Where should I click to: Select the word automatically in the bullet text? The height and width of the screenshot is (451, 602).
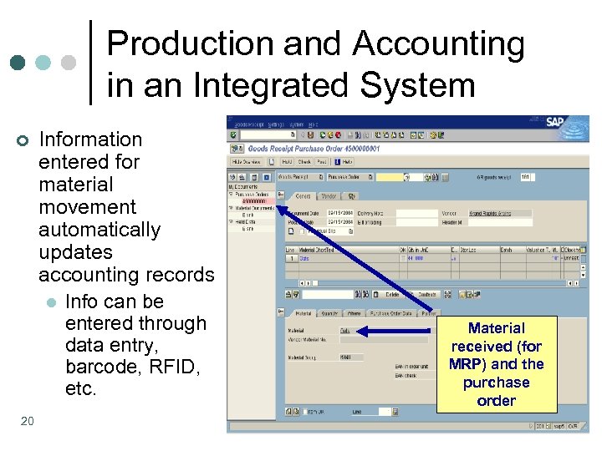point(99,230)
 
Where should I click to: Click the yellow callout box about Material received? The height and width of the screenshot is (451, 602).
point(497,364)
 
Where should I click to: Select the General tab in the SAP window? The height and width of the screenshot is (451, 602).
point(303,197)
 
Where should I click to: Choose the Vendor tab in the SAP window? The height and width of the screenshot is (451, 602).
point(329,197)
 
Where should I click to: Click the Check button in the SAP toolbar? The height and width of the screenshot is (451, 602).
point(304,161)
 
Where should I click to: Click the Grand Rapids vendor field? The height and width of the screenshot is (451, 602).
point(498,214)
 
